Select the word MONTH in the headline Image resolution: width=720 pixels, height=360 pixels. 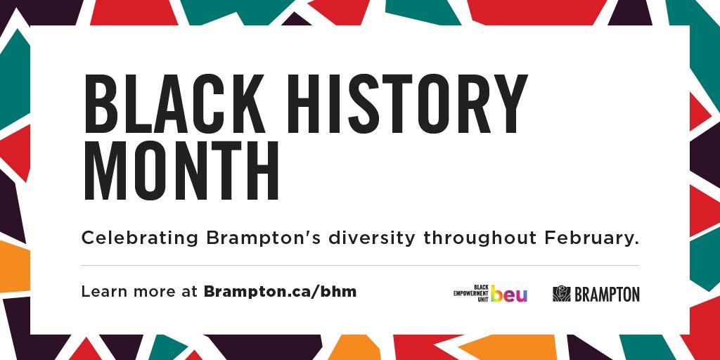pos(181,172)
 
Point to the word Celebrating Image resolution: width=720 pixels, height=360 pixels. pos(140,238)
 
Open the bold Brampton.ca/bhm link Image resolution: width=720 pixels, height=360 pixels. pos(280,291)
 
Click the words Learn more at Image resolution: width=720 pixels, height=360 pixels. pos(139,291)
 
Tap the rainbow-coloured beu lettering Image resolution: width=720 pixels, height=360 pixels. pos(509,295)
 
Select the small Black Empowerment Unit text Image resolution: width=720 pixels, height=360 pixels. pos(471,294)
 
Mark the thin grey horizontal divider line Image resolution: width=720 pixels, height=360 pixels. pos(360,265)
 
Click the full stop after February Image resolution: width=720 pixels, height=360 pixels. pos(636,243)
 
